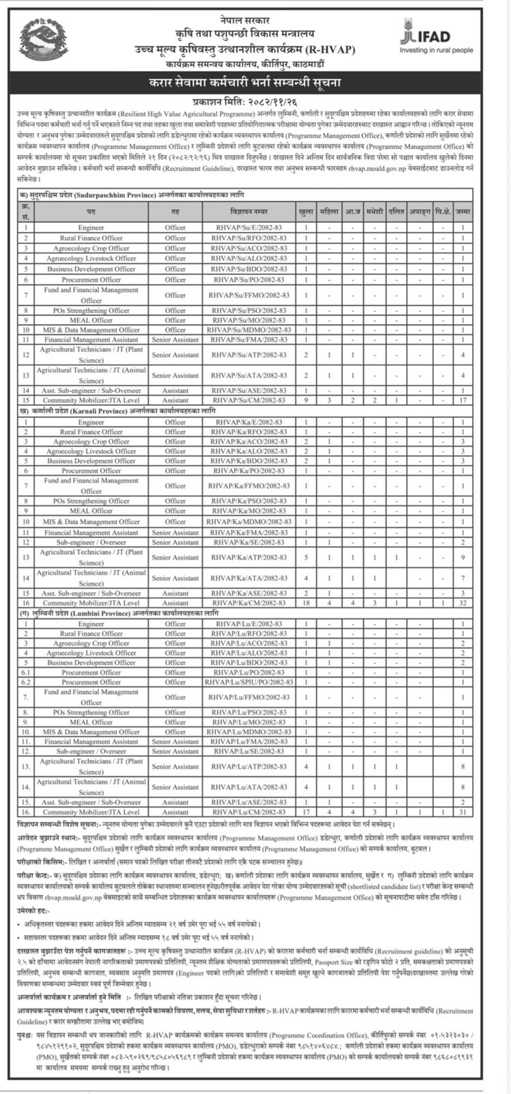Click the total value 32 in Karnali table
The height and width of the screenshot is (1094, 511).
462,603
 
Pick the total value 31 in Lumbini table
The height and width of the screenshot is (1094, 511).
462,812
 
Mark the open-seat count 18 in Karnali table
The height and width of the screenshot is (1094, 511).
306,603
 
